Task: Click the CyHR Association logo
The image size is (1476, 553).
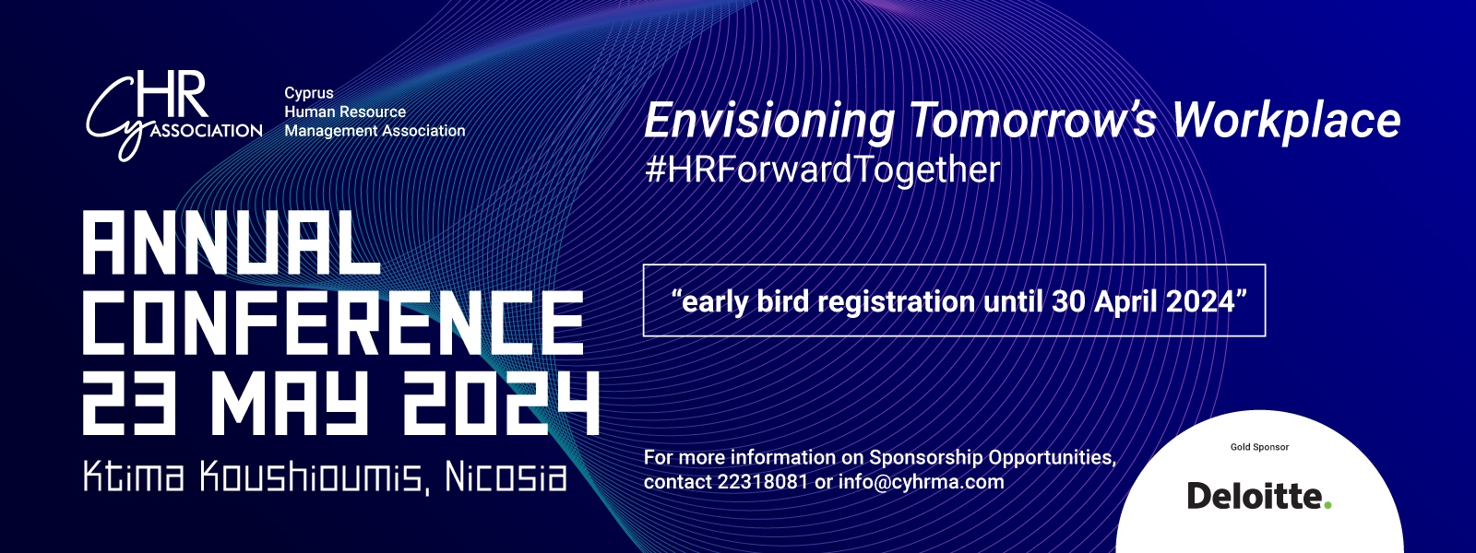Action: pos(174,116)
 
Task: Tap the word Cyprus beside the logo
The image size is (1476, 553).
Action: pos(309,93)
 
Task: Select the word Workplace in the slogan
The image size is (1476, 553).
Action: pos(1287,121)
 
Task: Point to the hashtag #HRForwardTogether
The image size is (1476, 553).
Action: pos(822,170)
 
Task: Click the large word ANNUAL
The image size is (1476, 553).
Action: pos(232,243)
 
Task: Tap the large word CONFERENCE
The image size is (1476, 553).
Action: pos(333,323)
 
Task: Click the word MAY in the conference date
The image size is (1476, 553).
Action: pos(289,403)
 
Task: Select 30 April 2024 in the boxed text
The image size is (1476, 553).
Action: pos(1143,301)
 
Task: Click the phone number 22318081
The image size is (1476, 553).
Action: pos(762,482)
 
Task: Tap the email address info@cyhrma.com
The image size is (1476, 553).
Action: pos(922,482)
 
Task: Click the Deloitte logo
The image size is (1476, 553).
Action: pos(1259,496)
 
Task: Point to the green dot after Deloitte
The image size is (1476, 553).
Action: pos(1327,505)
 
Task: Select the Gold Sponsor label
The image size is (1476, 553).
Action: pos(1259,447)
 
